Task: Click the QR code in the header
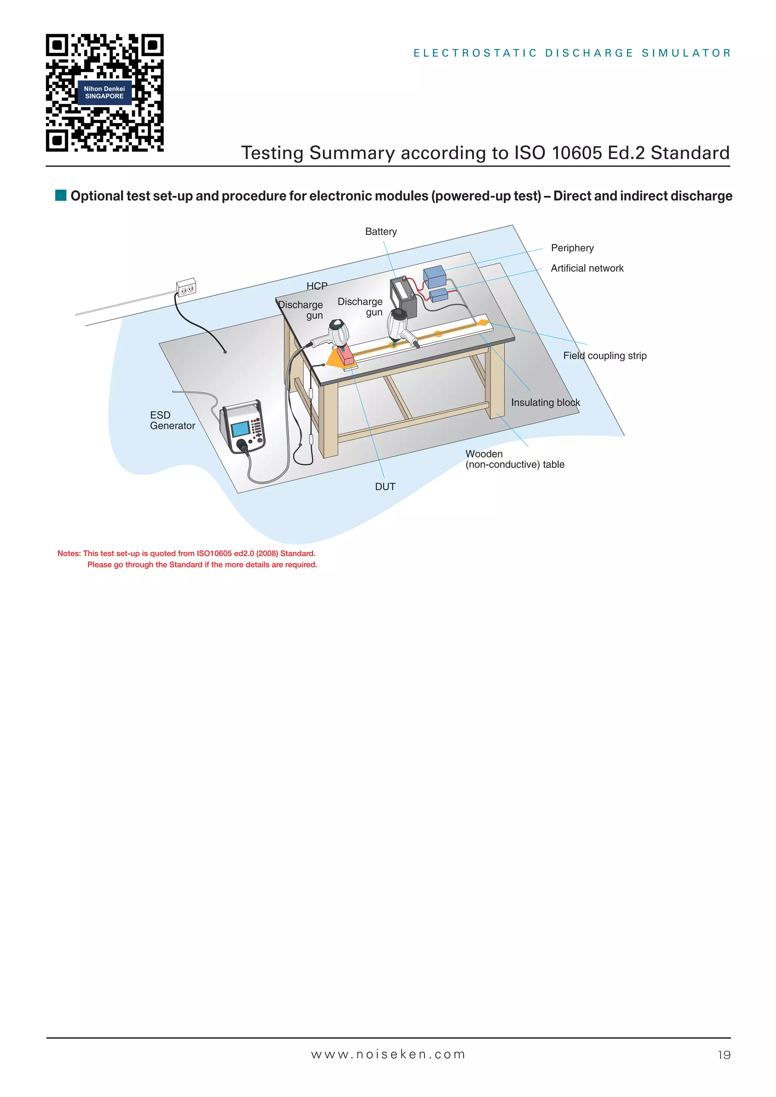pos(105,93)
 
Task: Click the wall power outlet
pos(186,288)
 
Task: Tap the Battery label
pos(381,232)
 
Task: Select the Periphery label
pos(572,248)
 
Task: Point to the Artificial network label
pos(587,269)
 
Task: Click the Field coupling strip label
pos(604,356)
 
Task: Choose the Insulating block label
pos(545,403)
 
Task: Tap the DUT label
pos(385,487)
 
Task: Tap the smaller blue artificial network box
pos(439,295)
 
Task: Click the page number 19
pos(724,1055)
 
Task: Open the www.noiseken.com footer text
pos(388,1055)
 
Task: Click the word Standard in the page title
pos(690,153)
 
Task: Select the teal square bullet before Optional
pos(61,195)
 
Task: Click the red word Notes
pos(68,554)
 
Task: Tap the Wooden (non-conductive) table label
pos(515,459)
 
